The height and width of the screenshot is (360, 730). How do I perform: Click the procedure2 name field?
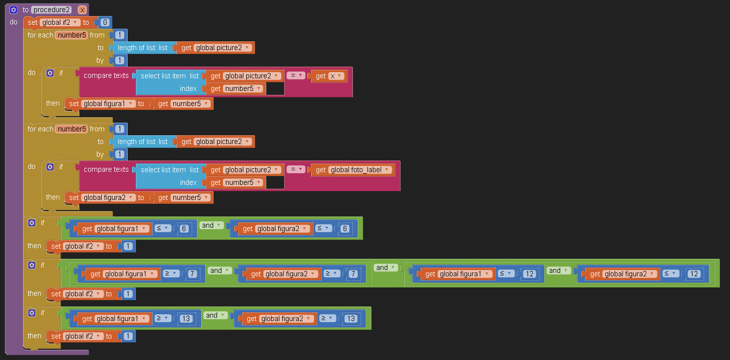pyautogui.click(x=52, y=10)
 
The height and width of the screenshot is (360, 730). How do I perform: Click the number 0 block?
pyautogui.click(x=105, y=22)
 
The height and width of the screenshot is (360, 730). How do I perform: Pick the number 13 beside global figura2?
pyautogui.click(x=350, y=319)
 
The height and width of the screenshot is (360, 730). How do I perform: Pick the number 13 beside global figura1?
pyautogui.click(x=185, y=319)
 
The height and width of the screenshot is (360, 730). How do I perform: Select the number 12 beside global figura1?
pyautogui.click(x=529, y=274)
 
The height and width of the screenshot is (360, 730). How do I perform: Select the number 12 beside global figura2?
pyautogui.click(x=693, y=274)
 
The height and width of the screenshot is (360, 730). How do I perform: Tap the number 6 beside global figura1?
pyautogui.click(x=183, y=229)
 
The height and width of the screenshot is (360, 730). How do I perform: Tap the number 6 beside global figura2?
pyautogui.click(x=345, y=229)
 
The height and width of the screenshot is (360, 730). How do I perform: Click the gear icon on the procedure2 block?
pyautogui.click(x=14, y=10)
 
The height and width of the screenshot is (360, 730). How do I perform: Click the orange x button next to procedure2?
pyautogui.click(x=82, y=10)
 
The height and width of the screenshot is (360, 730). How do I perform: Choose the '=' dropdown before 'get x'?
pyautogui.click(x=295, y=75)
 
